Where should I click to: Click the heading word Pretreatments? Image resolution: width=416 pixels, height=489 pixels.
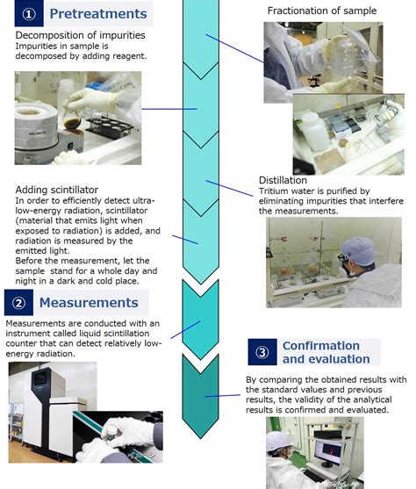pyautogui.click(x=97, y=14)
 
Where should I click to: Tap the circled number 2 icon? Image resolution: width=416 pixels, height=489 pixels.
pyautogui.click(x=18, y=303)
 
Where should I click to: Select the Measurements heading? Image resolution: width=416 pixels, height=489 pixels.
pyautogui.click(x=88, y=303)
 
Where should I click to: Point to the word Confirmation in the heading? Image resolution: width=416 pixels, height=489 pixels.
pyautogui.click(x=321, y=346)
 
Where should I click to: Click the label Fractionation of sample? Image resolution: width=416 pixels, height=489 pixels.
pyautogui.click(x=322, y=11)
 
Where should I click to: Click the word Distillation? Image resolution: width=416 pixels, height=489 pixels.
pyautogui.click(x=283, y=181)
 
